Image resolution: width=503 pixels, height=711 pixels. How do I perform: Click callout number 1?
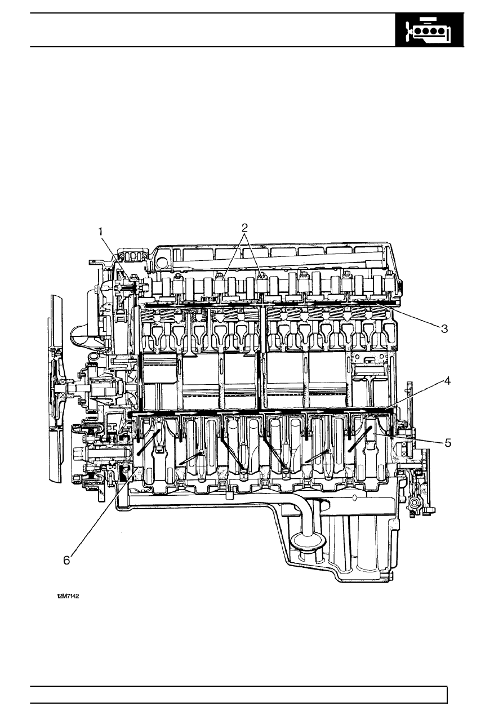(x=101, y=232)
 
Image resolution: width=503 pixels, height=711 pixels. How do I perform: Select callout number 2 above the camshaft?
(x=244, y=228)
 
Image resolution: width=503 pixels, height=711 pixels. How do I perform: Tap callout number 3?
(x=444, y=329)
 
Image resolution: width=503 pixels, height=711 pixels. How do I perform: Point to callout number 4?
(x=447, y=381)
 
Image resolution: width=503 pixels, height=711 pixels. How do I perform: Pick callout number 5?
(x=447, y=443)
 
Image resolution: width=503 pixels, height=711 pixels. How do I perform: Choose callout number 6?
(x=66, y=561)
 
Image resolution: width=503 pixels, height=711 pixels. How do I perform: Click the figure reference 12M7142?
(x=68, y=596)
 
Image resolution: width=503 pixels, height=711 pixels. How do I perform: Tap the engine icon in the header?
(x=429, y=30)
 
